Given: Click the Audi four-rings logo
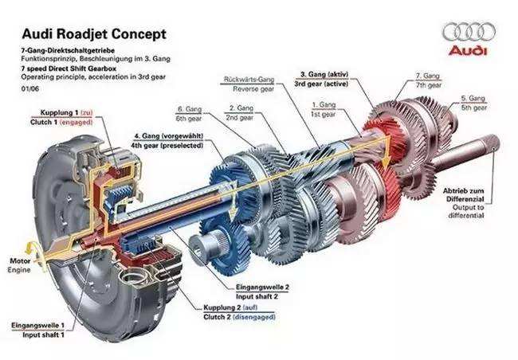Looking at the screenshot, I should pos(469,31).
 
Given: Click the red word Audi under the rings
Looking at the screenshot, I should pos(469,52).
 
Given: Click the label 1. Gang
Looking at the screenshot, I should pos(324,104).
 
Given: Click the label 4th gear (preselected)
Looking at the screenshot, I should pos(167,146).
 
